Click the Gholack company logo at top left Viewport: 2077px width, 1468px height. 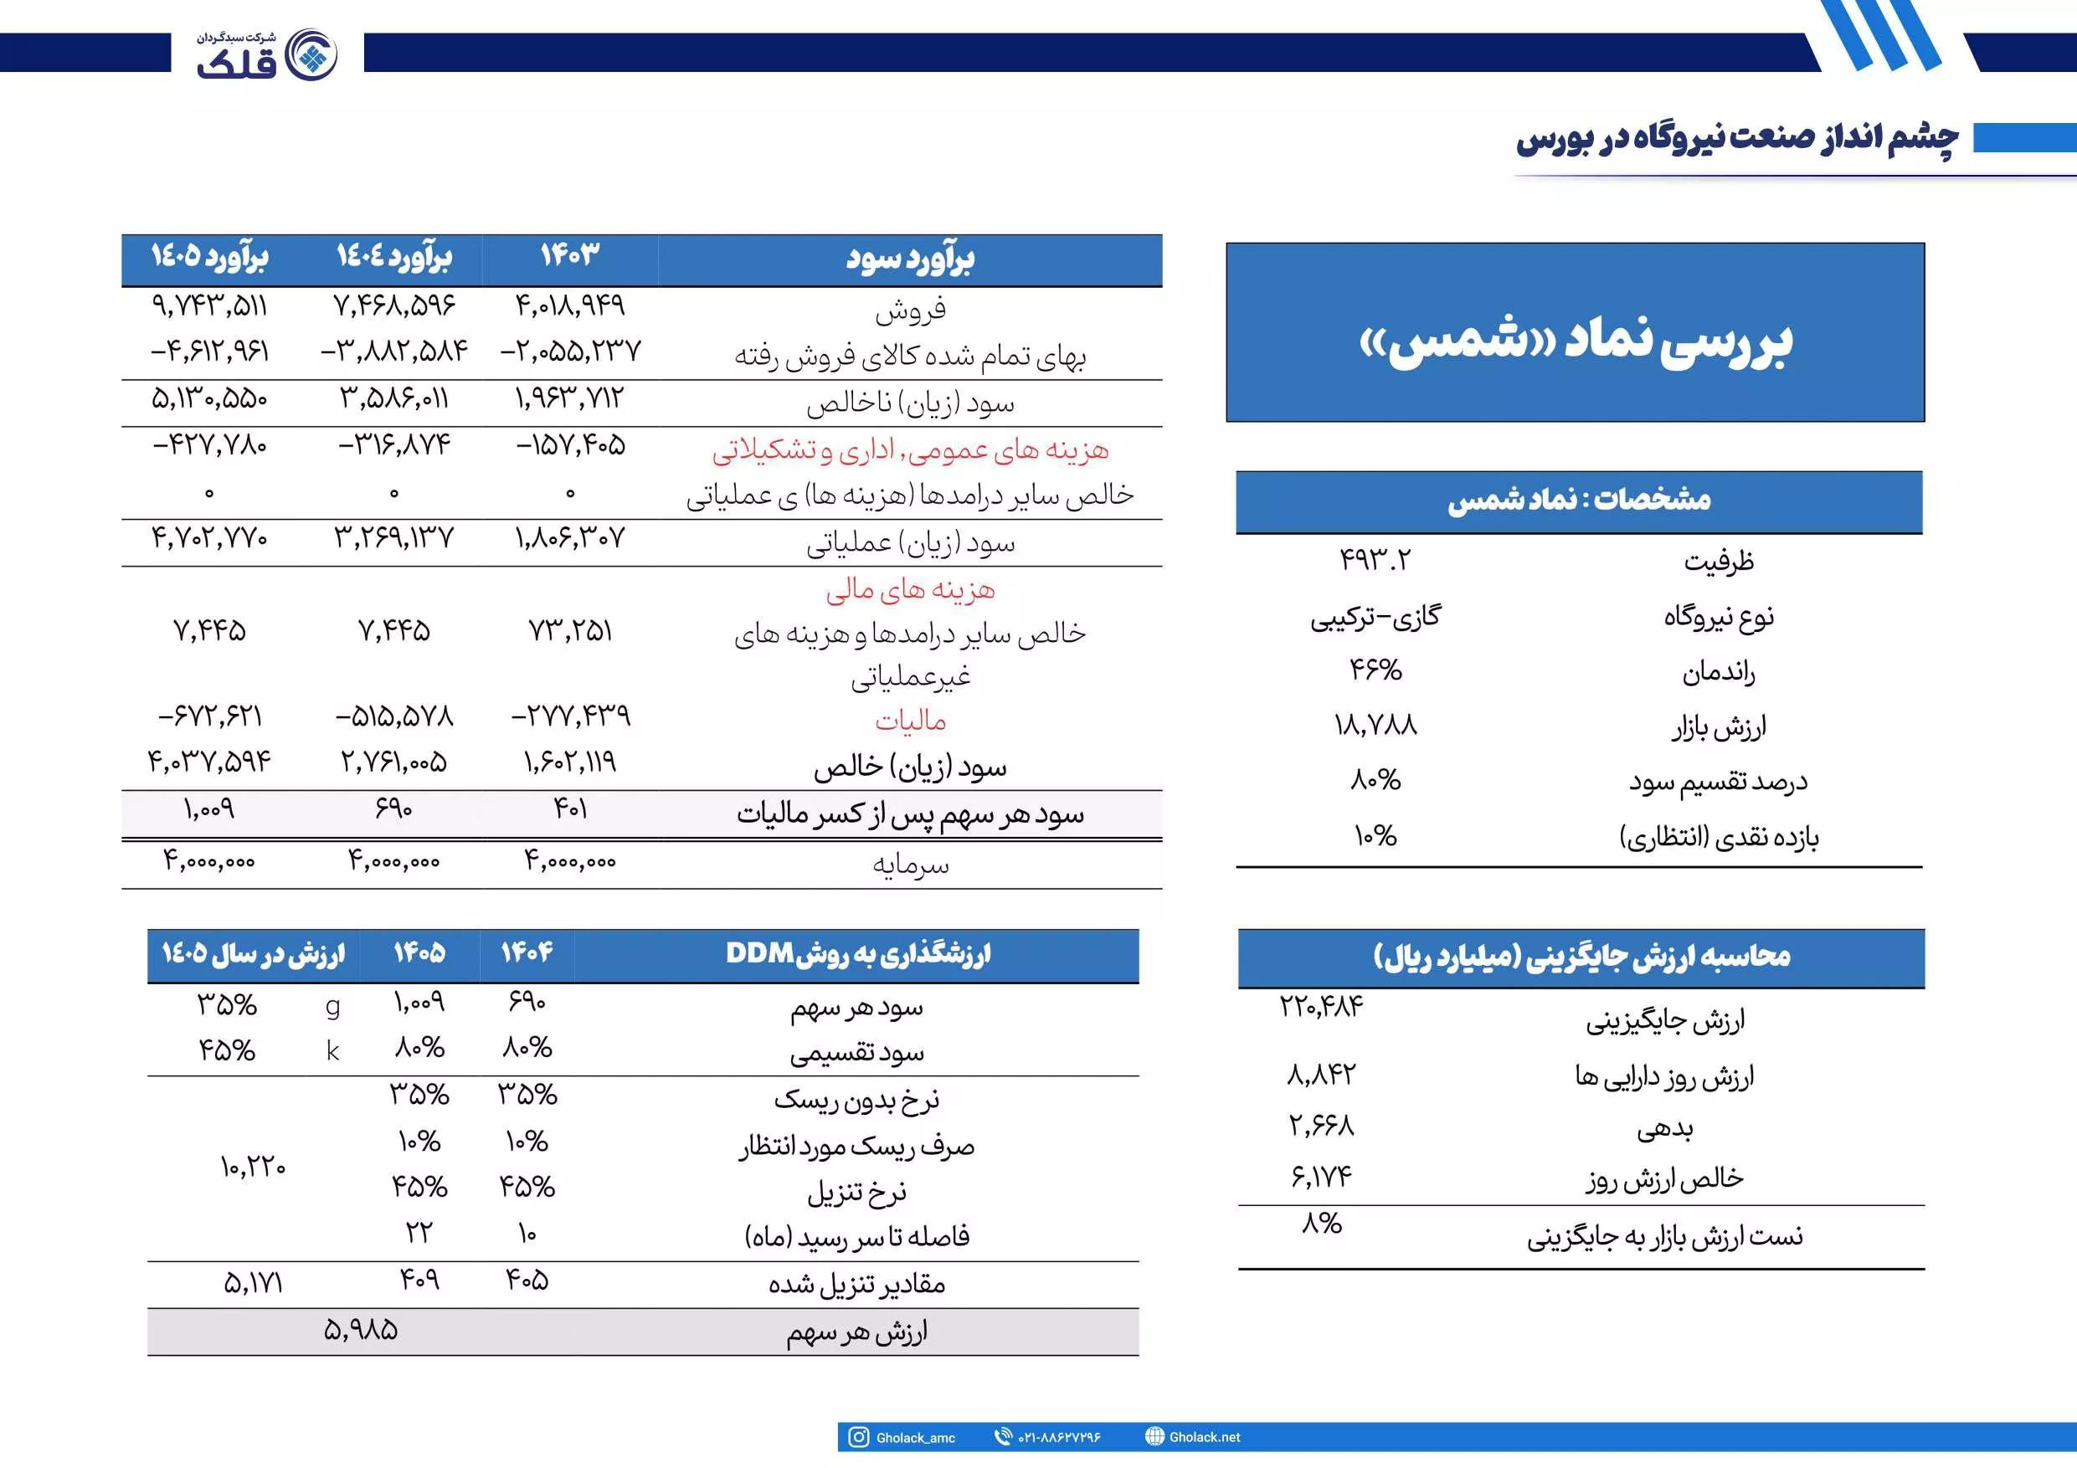click(x=268, y=54)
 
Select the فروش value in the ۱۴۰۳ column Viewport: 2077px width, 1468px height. click(x=570, y=305)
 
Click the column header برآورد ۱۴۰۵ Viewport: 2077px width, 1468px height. click(x=209, y=258)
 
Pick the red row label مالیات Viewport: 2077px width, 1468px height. click(x=910, y=721)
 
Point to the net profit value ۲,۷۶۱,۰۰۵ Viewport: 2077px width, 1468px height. click(x=393, y=762)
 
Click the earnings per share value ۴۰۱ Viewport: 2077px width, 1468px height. click(x=570, y=808)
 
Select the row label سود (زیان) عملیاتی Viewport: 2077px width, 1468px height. click(x=910, y=542)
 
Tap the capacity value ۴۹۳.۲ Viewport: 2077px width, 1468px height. click(x=1374, y=561)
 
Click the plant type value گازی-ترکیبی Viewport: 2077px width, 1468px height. click(x=1375, y=617)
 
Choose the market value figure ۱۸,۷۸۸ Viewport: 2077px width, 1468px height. click(x=1375, y=726)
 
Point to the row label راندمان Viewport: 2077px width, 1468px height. click(x=1718, y=672)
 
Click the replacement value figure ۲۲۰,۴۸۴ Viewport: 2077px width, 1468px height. click(x=1321, y=1006)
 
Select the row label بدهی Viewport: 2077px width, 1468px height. click(x=1664, y=1129)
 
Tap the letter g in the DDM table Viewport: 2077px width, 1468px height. click(x=333, y=1006)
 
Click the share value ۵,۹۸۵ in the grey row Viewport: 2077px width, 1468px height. click(x=360, y=1331)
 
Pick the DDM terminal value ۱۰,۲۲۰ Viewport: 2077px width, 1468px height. click(x=252, y=1167)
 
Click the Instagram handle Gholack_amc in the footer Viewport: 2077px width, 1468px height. click(x=914, y=1437)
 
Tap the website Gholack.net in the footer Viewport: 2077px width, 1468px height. click(x=1204, y=1436)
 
